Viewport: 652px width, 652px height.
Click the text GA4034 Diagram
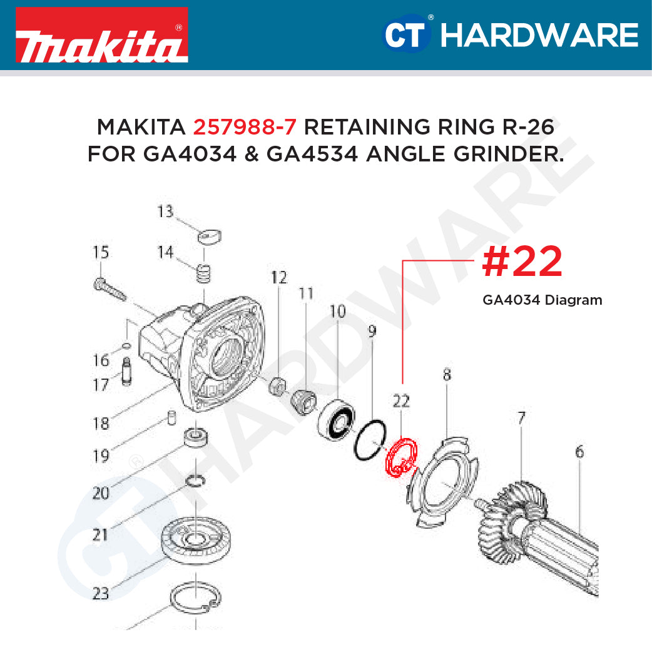[x=542, y=300]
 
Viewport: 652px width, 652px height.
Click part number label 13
[x=165, y=212]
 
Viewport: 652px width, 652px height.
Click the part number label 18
[x=101, y=423]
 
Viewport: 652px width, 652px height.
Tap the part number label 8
[x=446, y=375]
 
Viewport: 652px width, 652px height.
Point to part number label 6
[x=579, y=451]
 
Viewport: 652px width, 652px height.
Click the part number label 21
[x=100, y=534]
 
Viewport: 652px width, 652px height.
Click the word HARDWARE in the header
[x=539, y=35]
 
